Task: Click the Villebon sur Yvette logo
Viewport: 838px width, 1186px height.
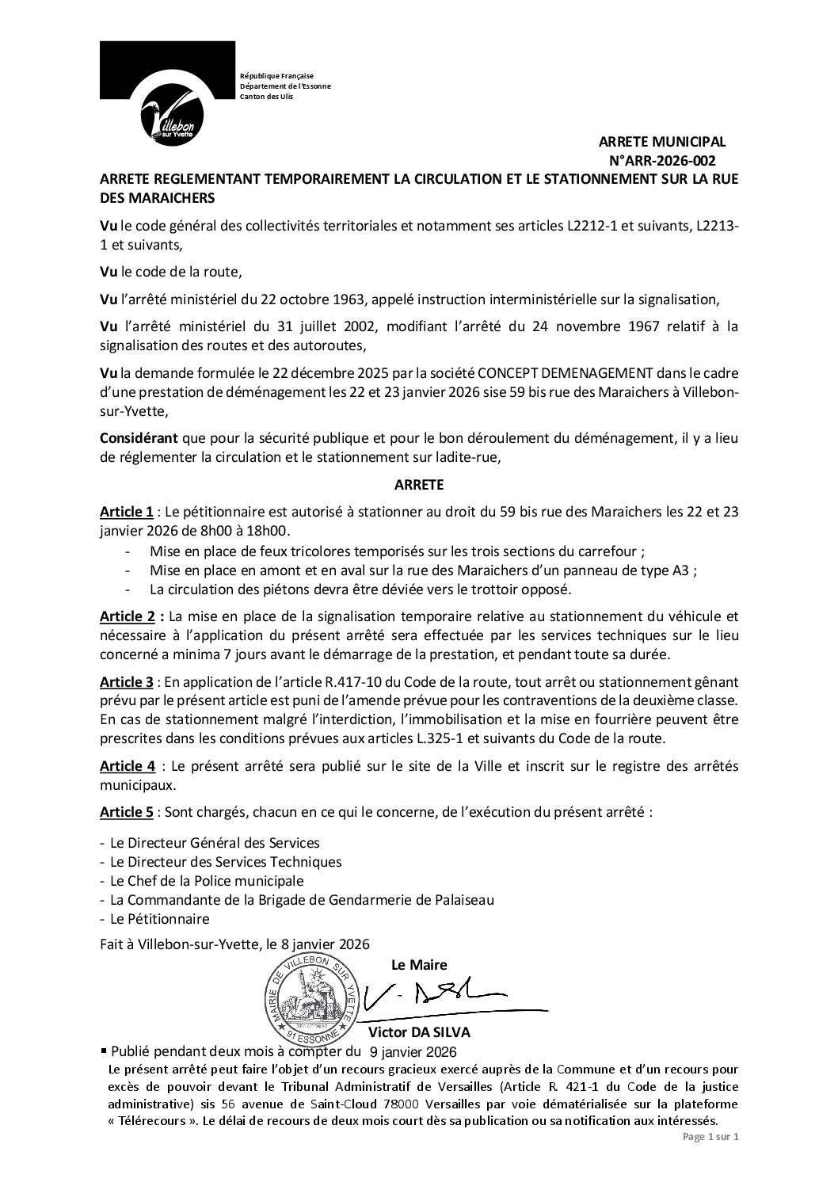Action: pos(167,93)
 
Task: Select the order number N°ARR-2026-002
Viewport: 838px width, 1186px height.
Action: pos(665,160)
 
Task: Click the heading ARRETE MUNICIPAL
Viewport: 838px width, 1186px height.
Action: pos(661,142)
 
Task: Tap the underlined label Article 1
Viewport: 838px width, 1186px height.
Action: pos(126,512)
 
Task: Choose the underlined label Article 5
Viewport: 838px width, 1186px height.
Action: pos(126,812)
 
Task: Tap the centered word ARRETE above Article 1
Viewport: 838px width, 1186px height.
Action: pos(419,482)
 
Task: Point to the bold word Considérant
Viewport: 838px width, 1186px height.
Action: pos(139,439)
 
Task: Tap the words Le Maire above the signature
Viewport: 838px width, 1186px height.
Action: pos(419,964)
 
